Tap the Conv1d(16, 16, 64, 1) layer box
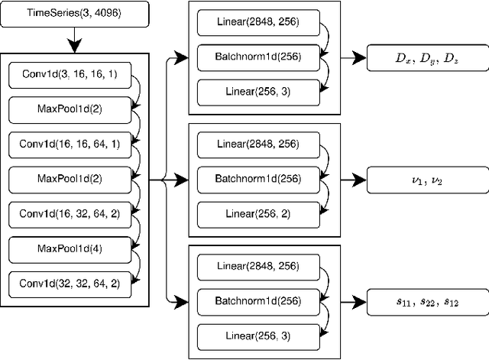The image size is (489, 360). click(70, 145)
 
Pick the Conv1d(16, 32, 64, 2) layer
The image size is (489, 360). click(70, 214)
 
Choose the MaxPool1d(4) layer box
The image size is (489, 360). click(70, 248)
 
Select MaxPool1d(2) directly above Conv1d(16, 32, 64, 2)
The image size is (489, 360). click(70, 180)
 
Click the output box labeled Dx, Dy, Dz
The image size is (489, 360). click(426, 58)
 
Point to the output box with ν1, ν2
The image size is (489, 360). click(426, 181)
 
